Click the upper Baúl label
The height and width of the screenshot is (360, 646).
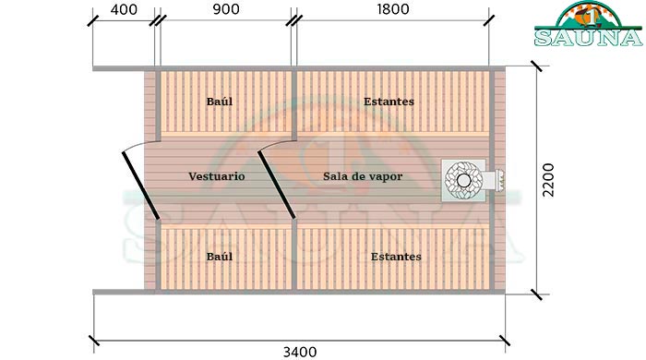click(x=219, y=101)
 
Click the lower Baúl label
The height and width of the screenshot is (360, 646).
click(x=219, y=256)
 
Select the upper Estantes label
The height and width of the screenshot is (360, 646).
click(x=388, y=101)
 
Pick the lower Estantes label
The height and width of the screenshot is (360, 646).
click(x=395, y=256)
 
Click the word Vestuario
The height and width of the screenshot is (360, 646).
click(x=216, y=175)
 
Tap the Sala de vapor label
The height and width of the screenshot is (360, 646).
click(x=363, y=175)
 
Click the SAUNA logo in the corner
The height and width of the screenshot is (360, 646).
click(x=586, y=25)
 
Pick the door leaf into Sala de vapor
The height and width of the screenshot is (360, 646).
click(x=276, y=182)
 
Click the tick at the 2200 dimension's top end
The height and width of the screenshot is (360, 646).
click(x=535, y=66)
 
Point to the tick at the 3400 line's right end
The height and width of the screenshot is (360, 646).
click(x=507, y=340)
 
